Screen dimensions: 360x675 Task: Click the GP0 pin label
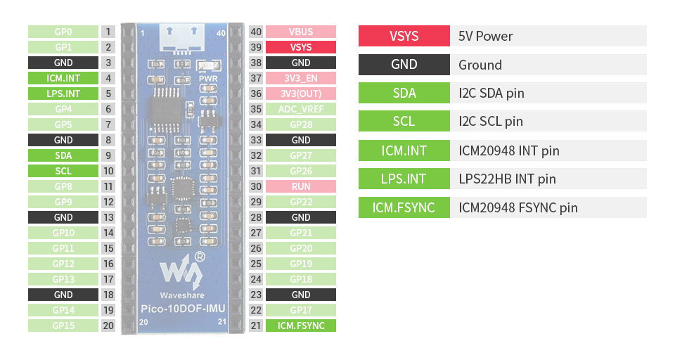(63, 32)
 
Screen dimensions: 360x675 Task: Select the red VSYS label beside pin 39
(300, 47)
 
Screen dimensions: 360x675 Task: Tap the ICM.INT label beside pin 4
(63, 78)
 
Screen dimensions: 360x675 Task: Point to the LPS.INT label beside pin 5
(63, 94)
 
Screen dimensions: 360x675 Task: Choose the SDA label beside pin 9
(63, 155)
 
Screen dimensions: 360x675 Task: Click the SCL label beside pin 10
(63, 171)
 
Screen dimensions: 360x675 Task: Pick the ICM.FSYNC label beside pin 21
(300, 326)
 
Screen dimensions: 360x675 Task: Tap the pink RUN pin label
(300, 186)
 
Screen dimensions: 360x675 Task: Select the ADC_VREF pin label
(300, 109)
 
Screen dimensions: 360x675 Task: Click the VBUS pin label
(300, 32)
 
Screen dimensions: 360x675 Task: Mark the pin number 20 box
(108, 326)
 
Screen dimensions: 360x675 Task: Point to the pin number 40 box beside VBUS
(256, 32)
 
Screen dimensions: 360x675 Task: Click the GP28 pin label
(300, 124)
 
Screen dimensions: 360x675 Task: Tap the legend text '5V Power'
(486, 36)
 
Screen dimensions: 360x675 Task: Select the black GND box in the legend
(404, 65)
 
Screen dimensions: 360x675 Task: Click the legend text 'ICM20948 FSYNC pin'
(518, 207)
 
